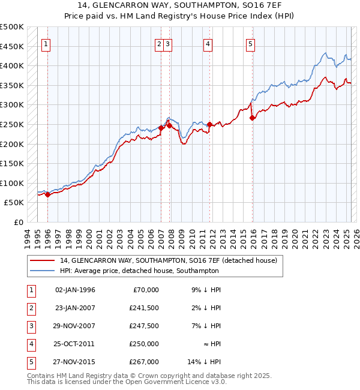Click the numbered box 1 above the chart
(46, 43)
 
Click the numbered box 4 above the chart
(207, 43)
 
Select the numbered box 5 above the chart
(250, 43)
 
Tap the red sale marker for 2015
(253, 118)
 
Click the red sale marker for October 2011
(209, 125)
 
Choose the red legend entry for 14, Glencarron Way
(168, 260)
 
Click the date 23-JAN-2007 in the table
(75, 308)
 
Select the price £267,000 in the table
(144, 362)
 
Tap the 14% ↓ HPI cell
(205, 362)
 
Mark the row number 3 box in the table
(30, 326)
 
